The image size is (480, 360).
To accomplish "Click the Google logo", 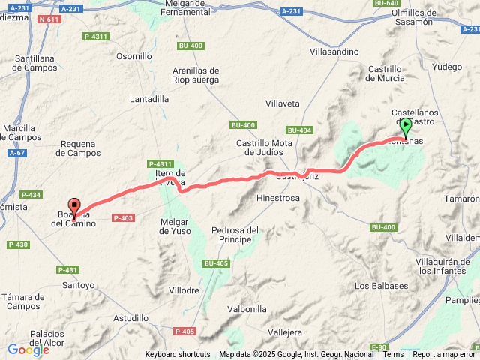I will point(28,349).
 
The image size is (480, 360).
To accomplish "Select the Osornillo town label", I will point(134,55).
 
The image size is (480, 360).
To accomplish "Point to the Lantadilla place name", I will point(149,98).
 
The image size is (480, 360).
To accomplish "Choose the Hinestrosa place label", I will point(277,199).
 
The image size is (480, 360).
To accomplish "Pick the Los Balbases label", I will point(381,285).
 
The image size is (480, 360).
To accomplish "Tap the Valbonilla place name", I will point(247,308).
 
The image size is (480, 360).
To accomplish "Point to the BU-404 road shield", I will point(299,130).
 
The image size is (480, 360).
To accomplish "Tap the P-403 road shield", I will point(122,217).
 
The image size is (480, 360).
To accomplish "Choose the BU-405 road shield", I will point(215,262).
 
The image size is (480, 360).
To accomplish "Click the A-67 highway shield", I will point(16,153).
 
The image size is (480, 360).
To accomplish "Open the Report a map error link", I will point(444,354).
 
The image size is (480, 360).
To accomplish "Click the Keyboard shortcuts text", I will point(178,354).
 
